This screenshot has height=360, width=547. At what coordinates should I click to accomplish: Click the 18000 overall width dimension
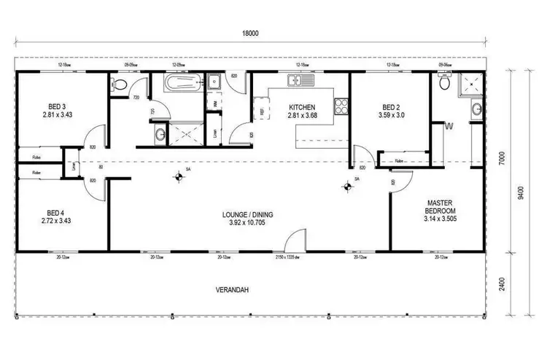click(251, 34)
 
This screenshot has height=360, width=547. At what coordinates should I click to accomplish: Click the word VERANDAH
click(233, 290)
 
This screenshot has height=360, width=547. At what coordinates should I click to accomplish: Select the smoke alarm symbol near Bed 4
click(178, 176)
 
